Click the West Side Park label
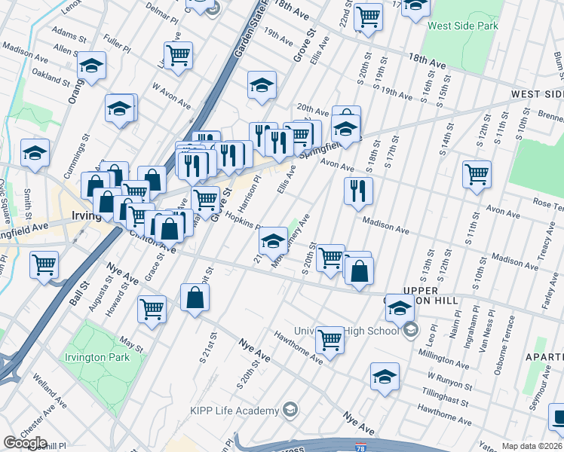coord(463,26)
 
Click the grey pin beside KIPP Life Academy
coord(291,411)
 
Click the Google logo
coord(25,443)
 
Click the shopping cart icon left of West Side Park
coord(368,16)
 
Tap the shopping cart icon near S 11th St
coord(477,174)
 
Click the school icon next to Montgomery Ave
coord(273,240)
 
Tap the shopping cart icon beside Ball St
coord(44,264)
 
